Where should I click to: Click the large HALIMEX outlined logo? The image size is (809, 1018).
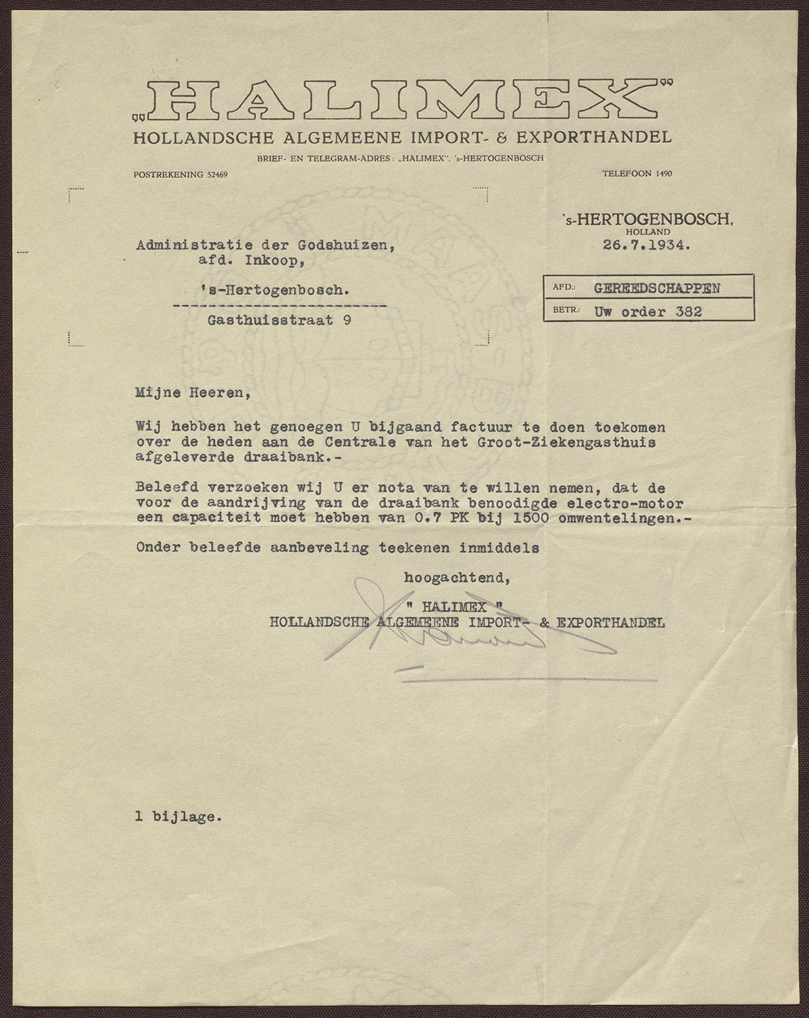click(403, 100)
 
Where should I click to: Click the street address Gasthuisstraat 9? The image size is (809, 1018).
click(278, 321)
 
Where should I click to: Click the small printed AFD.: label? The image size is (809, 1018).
click(563, 287)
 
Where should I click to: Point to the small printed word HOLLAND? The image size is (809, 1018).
click(647, 232)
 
